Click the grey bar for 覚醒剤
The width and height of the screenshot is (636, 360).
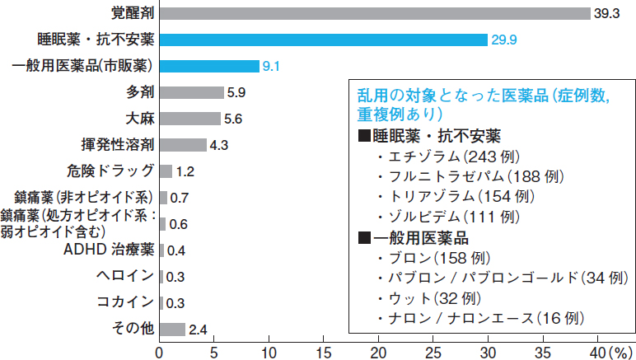click(x=375, y=13)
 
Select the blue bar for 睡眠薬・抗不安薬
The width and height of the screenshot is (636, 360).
click(x=323, y=40)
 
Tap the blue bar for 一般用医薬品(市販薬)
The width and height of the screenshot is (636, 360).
click(x=209, y=66)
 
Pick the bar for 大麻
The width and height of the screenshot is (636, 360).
click(x=189, y=119)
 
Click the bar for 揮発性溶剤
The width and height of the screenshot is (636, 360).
click(x=183, y=145)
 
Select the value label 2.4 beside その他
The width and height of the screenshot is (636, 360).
click(x=197, y=330)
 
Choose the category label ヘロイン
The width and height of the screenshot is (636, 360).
click(x=124, y=275)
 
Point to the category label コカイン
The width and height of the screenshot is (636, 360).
click(x=124, y=302)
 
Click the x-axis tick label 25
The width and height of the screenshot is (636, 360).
click(x=433, y=351)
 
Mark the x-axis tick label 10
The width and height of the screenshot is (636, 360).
click(x=269, y=351)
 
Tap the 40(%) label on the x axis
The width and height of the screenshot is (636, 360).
click(x=609, y=351)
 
